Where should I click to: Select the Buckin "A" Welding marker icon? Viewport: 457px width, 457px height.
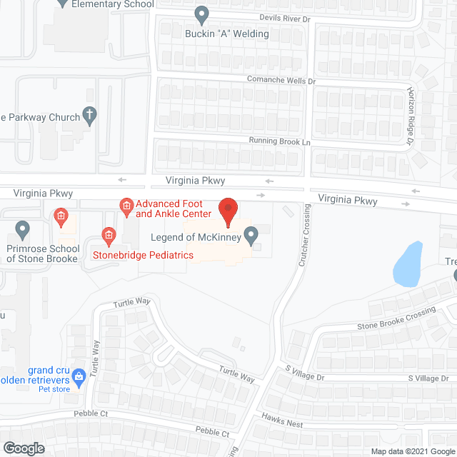click(202, 14)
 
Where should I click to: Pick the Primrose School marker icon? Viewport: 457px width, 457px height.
click(22, 230)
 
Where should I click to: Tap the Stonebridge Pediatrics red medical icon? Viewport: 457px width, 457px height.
click(109, 233)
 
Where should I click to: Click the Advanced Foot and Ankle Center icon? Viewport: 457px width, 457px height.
click(126, 208)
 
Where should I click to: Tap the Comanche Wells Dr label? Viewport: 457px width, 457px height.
click(281, 79)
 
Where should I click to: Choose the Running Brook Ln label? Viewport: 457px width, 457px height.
click(281, 142)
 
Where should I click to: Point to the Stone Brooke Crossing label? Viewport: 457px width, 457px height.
click(396, 319)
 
